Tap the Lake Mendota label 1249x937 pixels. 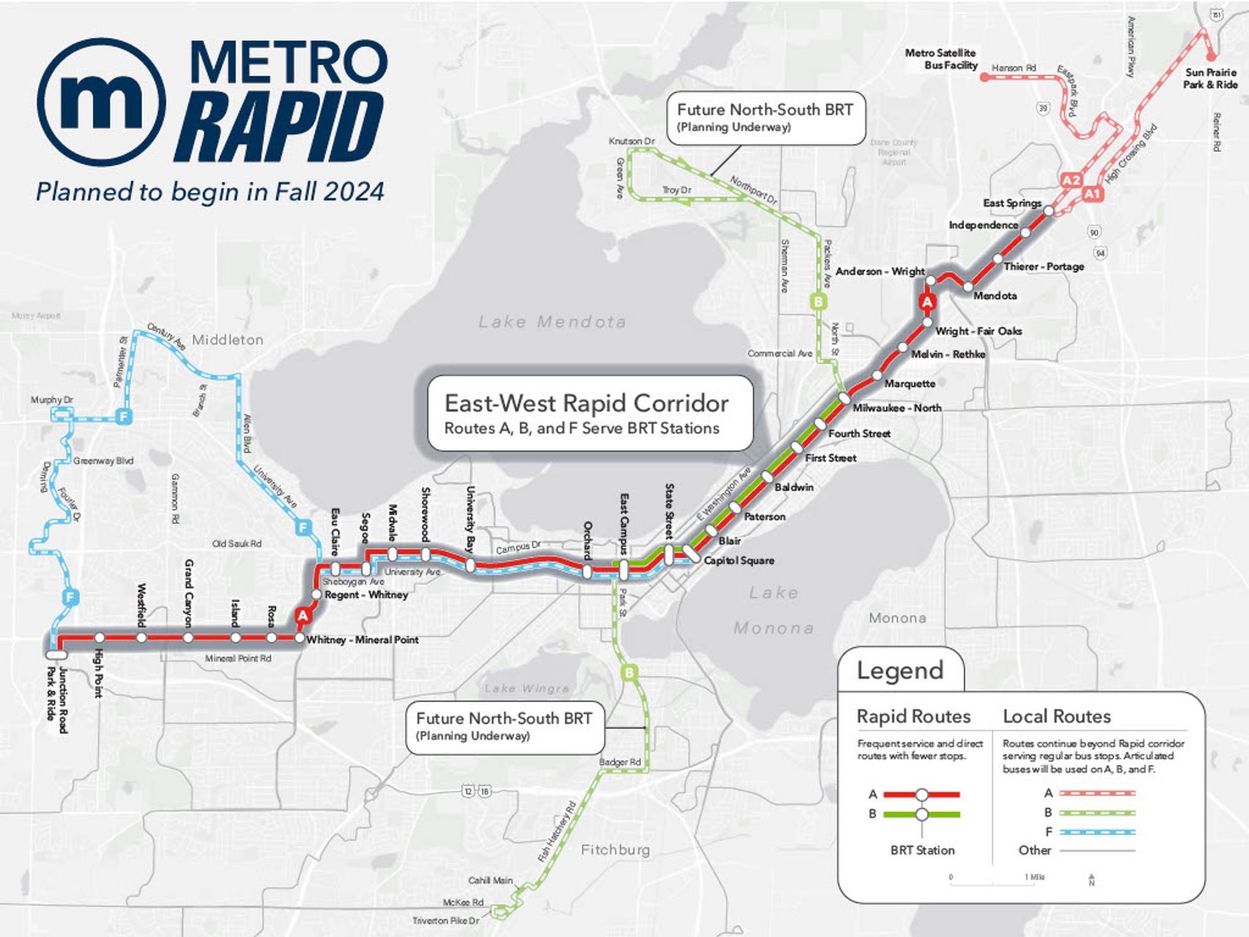pos(552,321)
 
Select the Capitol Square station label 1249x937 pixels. pos(739,560)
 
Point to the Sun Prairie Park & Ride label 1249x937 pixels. pos(1210,78)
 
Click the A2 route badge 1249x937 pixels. pos(1071,180)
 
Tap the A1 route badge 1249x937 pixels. pos(1092,194)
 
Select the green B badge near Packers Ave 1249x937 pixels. pos(818,301)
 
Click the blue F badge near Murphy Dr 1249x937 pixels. pos(123,416)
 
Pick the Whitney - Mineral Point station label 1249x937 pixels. pos(362,640)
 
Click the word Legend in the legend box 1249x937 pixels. pos(900,670)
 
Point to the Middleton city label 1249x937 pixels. pos(227,340)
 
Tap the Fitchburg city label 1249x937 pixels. pos(615,850)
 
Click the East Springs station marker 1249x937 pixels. pos(1049,211)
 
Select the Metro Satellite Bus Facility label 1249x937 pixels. pos(941,59)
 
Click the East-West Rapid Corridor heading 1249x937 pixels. pos(586,403)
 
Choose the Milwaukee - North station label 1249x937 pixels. pos(897,408)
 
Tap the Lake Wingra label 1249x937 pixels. pos(526,688)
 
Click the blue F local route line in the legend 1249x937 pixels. pos(1097,832)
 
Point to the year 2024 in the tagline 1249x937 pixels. pos(354,192)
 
